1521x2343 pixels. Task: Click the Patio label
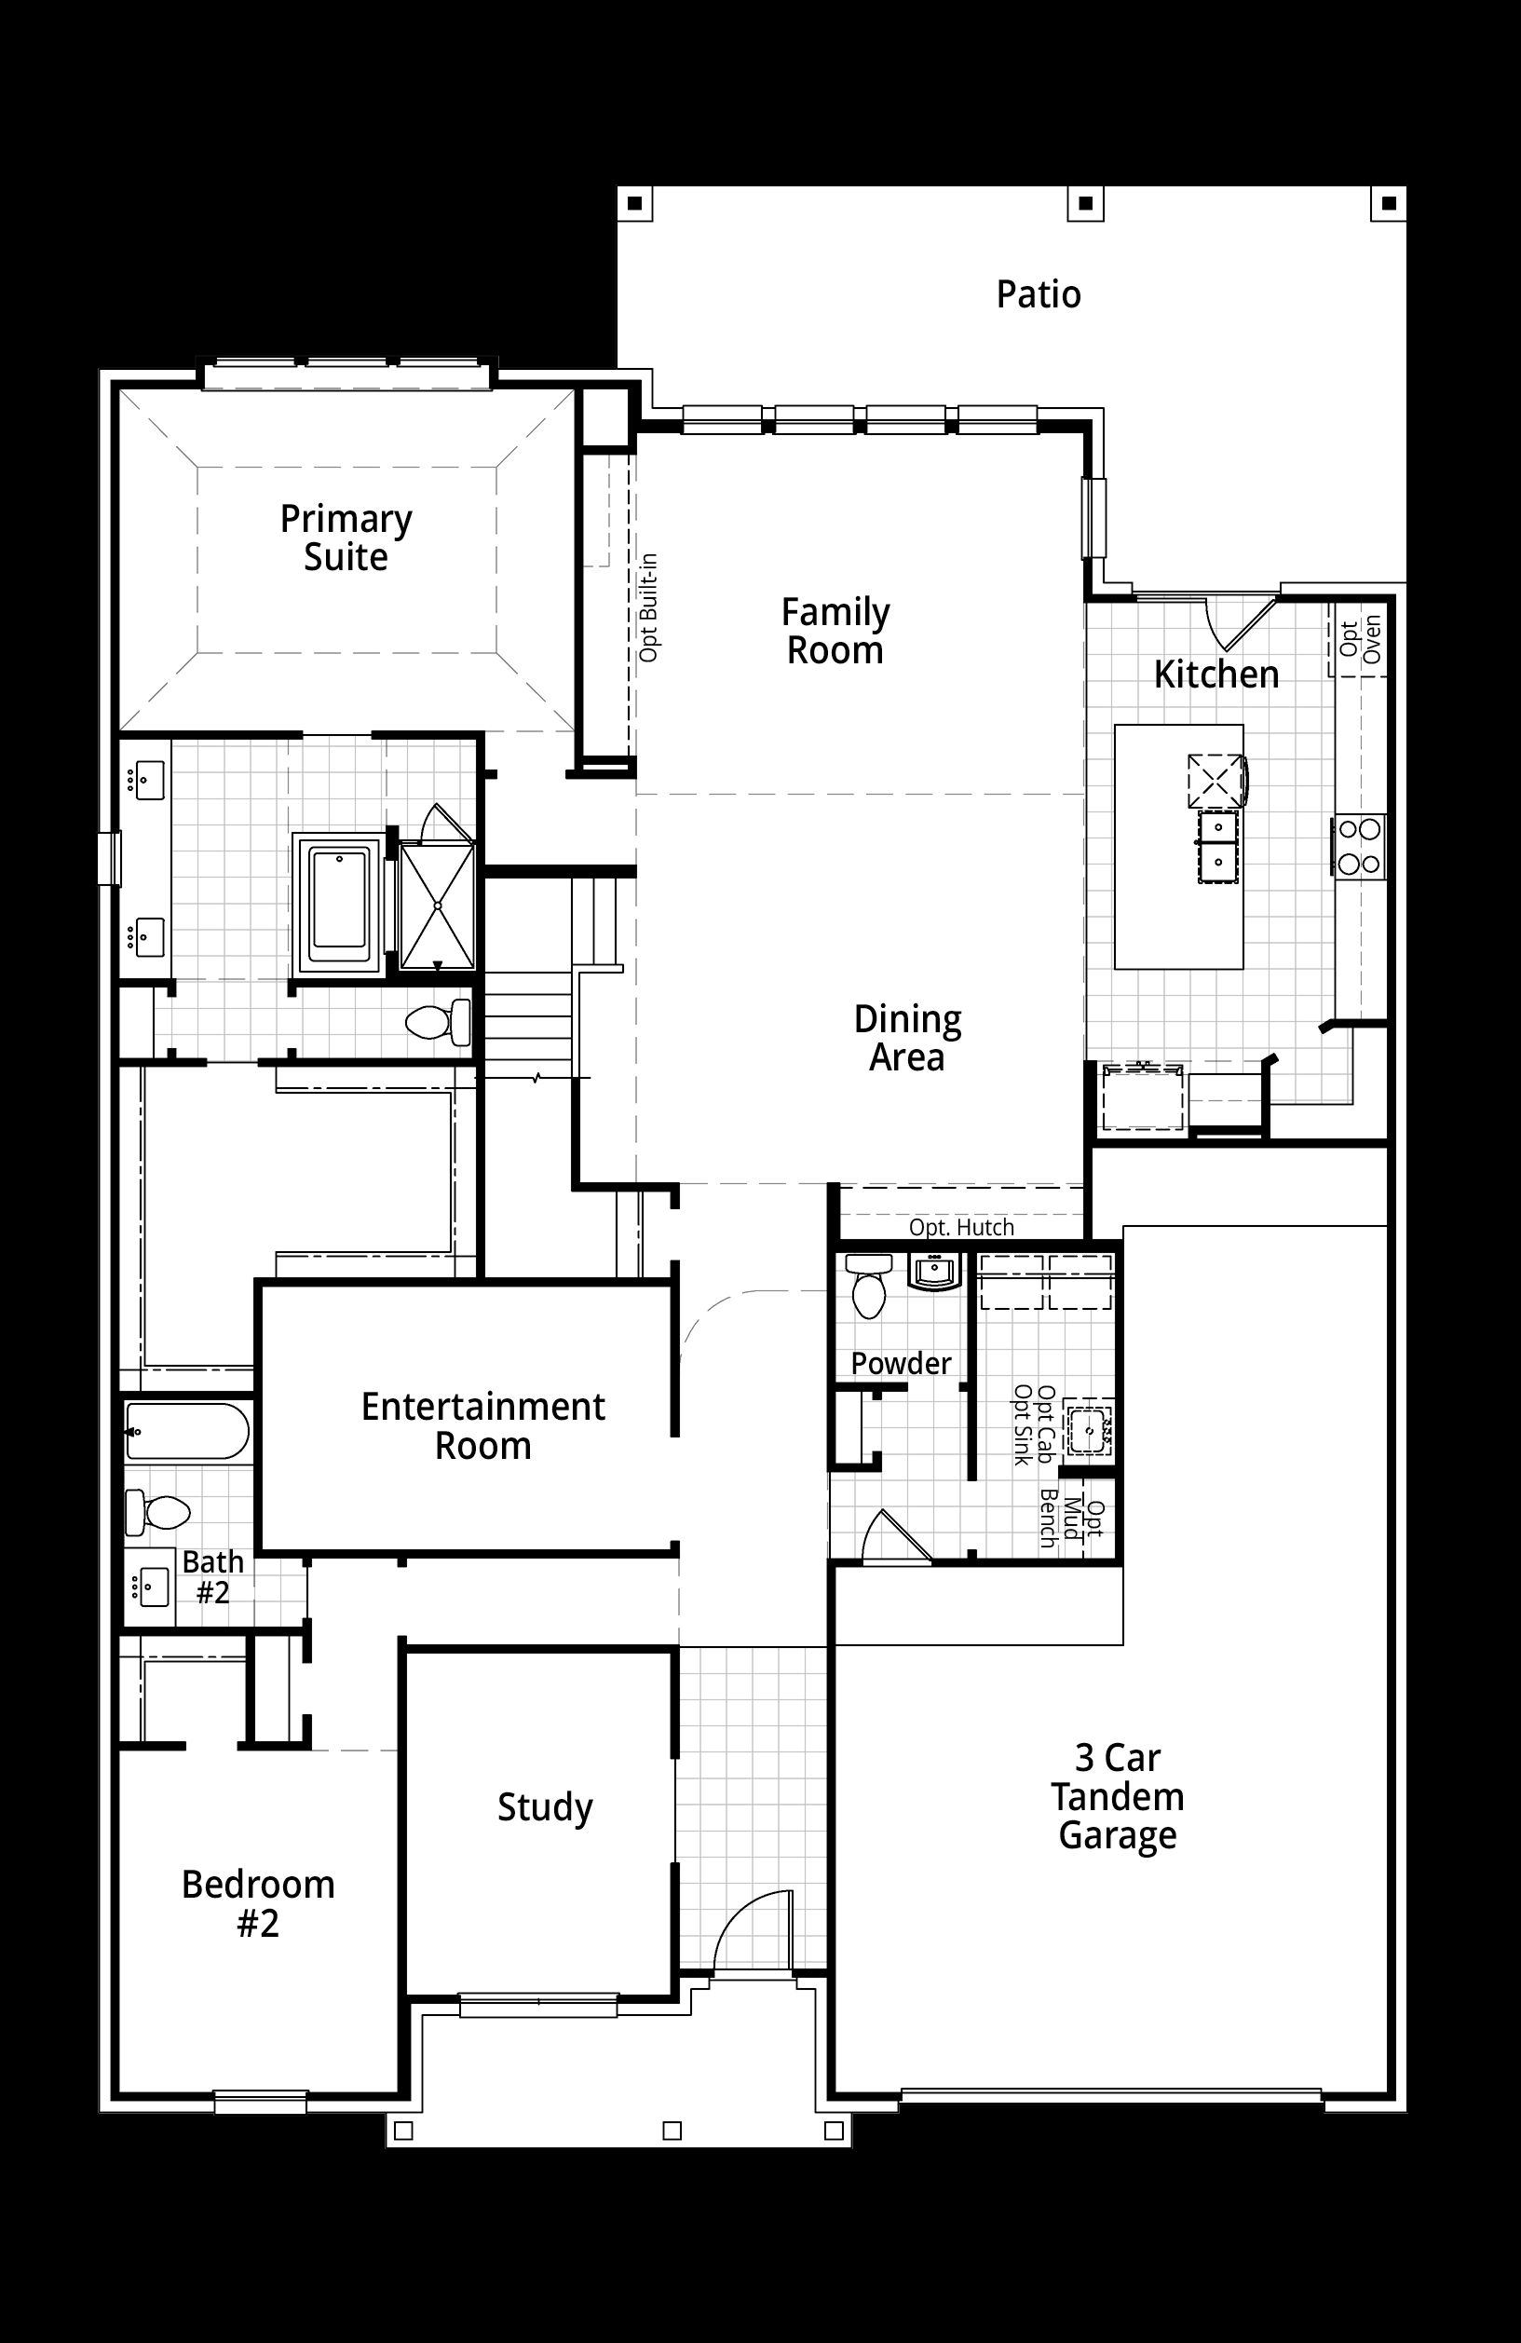point(1039,294)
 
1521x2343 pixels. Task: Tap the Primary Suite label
point(346,538)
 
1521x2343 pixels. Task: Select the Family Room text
point(835,631)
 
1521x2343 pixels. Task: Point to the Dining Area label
point(906,1038)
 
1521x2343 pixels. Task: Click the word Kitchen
point(1215,674)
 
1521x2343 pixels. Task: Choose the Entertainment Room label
point(482,1425)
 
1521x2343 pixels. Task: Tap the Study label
point(544,1807)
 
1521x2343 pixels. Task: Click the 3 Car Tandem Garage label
point(1118,1797)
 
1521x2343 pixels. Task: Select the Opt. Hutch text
point(961,1228)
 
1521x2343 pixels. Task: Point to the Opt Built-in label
point(649,607)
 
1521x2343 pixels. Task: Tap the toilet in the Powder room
point(869,1286)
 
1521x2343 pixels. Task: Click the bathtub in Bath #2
point(187,1431)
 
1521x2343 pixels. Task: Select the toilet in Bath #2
point(157,1511)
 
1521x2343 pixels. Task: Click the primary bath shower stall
point(437,906)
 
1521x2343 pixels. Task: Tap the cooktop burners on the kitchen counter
point(1360,847)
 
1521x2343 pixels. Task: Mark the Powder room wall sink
point(934,1272)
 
